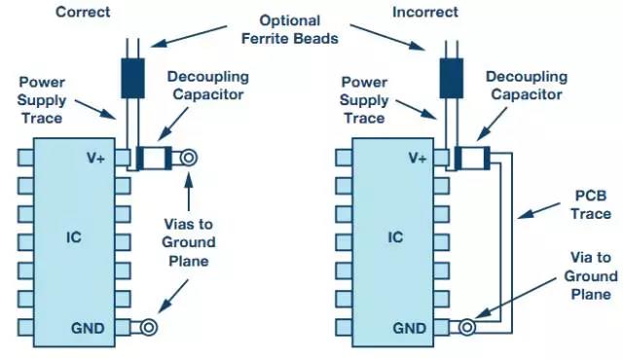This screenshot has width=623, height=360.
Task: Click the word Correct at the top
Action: tap(83, 12)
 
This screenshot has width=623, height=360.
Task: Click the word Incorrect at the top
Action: tap(425, 12)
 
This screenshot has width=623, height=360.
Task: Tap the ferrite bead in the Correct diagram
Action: tap(132, 78)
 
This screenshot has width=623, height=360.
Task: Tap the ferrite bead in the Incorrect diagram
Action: tap(452, 78)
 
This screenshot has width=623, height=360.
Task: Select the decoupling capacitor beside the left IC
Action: tap(154, 158)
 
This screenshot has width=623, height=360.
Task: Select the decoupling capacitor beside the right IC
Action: tap(472, 158)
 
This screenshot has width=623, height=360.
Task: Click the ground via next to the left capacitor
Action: tap(188, 158)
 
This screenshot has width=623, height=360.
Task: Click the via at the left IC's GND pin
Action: tap(149, 328)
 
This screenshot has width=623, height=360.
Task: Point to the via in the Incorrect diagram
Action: tap(467, 328)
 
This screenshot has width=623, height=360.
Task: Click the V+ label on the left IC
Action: tap(95, 158)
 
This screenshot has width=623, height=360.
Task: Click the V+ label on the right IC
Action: tap(418, 158)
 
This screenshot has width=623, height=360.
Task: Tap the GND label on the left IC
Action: tap(88, 328)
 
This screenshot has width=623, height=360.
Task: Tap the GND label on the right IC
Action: tap(409, 328)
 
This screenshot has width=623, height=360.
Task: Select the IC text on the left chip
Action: tap(74, 237)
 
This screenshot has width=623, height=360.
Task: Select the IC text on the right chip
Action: tap(395, 237)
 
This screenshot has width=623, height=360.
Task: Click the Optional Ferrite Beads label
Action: tap(290, 30)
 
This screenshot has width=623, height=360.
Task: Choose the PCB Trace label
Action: tap(591, 204)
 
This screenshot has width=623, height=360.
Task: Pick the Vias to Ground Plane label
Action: tap(188, 242)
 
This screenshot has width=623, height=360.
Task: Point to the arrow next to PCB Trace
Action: tap(538, 211)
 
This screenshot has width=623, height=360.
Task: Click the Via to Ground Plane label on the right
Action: tap(591, 276)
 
